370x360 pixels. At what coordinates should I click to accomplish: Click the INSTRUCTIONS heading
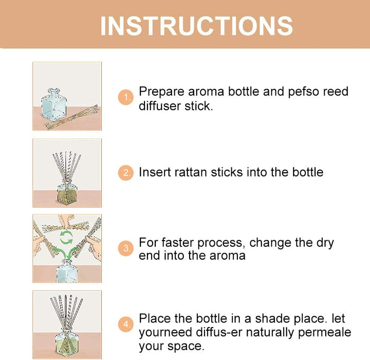tap(196, 25)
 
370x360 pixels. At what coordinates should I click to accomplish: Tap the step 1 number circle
tap(126, 97)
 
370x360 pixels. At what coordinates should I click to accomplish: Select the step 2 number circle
tap(126, 173)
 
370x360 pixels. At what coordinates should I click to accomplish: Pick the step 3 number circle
tap(126, 249)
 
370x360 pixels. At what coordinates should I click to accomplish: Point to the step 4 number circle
tap(126, 325)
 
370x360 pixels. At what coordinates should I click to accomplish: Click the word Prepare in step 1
tap(162, 92)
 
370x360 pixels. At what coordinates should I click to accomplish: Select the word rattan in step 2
tap(187, 172)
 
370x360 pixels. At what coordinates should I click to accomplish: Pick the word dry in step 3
tap(323, 243)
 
